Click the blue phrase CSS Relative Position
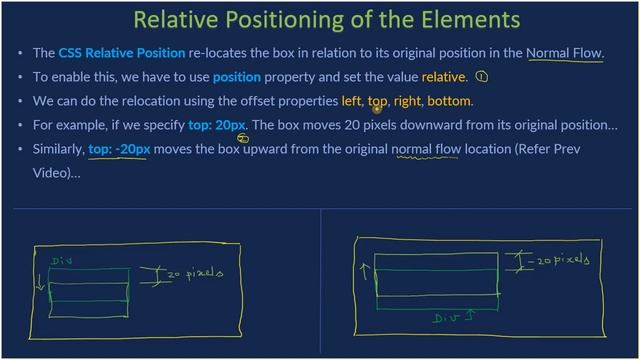pyautogui.click(x=122, y=53)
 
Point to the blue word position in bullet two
pyautogui.click(x=237, y=77)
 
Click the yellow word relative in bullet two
pyautogui.click(x=444, y=77)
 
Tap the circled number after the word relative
pyautogui.click(x=482, y=77)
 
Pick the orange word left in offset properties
pyautogui.click(x=351, y=101)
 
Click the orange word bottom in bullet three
pyautogui.click(x=449, y=101)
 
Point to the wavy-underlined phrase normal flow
pyautogui.click(x=426, y=150)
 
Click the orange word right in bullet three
pyautogui.click(x=407, y=101)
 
